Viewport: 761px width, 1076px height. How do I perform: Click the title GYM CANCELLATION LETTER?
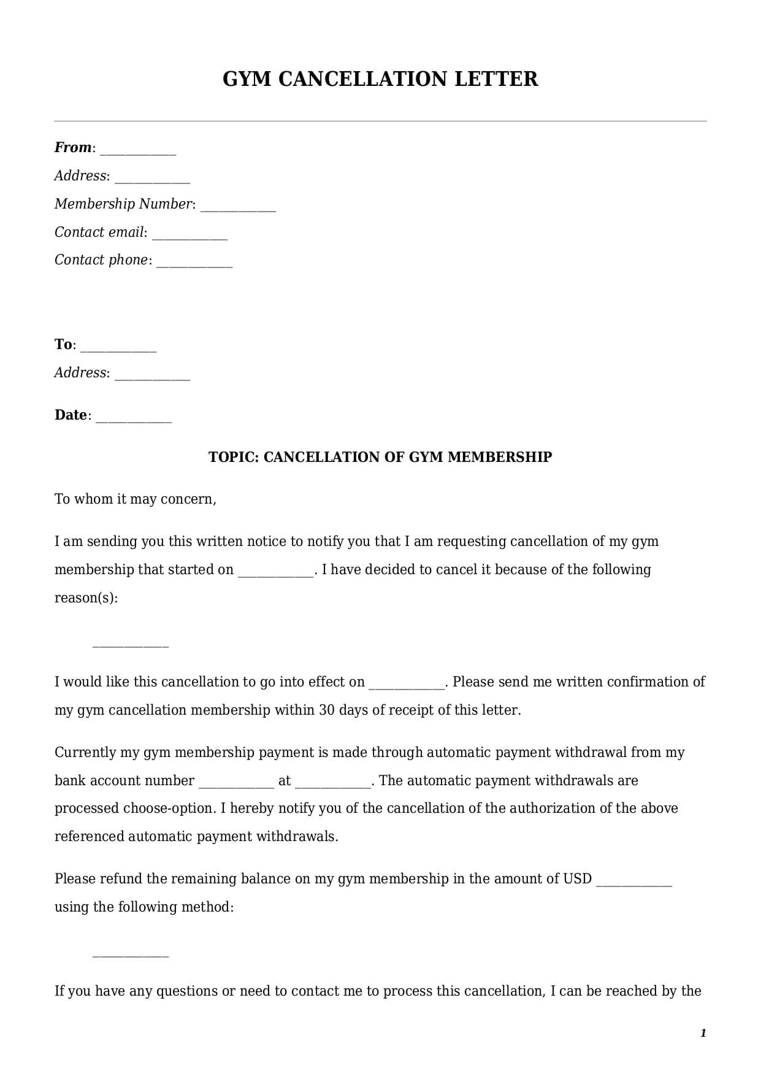tap(380, 79)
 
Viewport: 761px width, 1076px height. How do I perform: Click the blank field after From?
tap(138, 150)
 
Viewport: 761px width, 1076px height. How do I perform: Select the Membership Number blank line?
tap(238, 207)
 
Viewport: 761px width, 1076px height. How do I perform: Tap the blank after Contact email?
tap(189, 235)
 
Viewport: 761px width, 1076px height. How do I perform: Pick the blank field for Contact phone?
tap(194, 263)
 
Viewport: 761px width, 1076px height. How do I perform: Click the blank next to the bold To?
tap(118, 347)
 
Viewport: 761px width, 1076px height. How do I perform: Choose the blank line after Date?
tap(134, 418)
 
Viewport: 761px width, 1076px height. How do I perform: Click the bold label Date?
tap(71, 415)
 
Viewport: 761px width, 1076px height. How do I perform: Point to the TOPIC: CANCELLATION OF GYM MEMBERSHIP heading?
tap(380, 457)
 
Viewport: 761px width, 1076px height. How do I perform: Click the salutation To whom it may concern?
tap(135, 499)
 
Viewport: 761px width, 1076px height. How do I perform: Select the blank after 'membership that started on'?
tap(275, 572)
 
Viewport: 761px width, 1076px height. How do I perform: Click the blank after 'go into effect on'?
tap(406, 685)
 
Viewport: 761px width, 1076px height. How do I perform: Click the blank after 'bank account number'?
tap(236, 783)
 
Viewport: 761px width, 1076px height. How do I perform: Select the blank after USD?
tap(634, 882)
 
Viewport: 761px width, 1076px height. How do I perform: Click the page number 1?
tap(703, 1033)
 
